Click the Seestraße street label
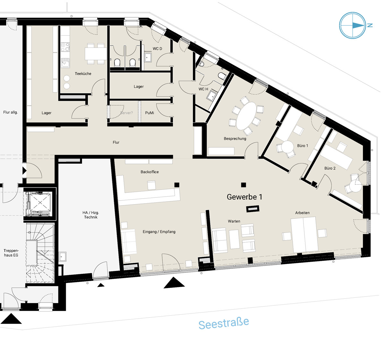[x=224, y=323]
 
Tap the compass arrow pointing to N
[x=358, y=25]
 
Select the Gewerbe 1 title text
[x=244, y=197]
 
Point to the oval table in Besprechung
[x=246, y=116]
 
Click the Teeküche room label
[x=83, y=74]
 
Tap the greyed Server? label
[x=126, y=113]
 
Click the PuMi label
[x=150, y=113]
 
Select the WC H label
[x=203, y=89]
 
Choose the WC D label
[x=157, y=49]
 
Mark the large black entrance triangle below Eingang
[x=174, y=283]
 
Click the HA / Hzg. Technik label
[x=91, y=215]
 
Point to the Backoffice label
[x=150, y=172]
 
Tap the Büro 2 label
[x=330, y=168]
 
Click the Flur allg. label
[x=11, y=112]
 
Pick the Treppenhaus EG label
[x=11, y=253]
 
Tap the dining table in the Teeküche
[x=96, y=54]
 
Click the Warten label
[x=234, y=221]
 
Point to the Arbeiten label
[x=302, y=213]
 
